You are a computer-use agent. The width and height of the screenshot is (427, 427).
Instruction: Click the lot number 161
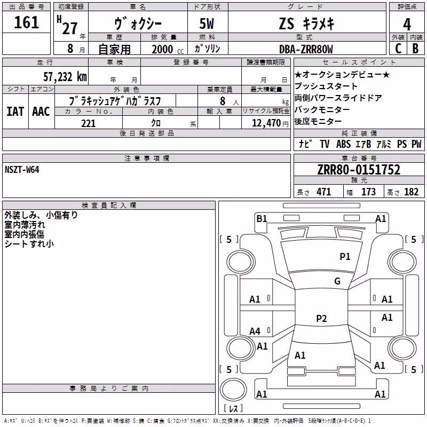click(26, 22)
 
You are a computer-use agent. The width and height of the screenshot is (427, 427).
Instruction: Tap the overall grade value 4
click(407, 25)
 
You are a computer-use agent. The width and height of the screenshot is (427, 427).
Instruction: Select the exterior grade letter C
click(398, 49)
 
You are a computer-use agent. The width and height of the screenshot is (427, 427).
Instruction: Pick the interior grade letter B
click(415, 49)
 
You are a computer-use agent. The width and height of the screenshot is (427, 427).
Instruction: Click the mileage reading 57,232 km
click(65, 77)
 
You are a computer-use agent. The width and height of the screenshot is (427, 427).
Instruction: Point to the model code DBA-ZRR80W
click(306, 49)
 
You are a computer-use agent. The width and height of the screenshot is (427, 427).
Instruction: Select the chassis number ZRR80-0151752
click(359, 170)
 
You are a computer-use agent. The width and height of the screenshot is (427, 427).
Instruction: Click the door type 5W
click(207, 23)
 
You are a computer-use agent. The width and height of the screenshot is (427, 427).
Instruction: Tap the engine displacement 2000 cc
click(168, 49)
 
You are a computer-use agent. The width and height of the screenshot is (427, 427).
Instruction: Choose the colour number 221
click(89, 123)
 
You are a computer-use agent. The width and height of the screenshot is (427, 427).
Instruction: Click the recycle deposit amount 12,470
click(266, 123)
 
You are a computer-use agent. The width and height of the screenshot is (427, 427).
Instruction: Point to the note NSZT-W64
click(22, 170)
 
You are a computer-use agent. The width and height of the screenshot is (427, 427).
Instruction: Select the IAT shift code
click(15, 112)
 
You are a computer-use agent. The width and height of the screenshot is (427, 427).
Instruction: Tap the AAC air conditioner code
click(41, 112)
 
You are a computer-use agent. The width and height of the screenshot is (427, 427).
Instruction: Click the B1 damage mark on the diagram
click(262, 219)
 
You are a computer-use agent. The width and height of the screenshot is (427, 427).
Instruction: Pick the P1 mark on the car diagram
click(345, 256)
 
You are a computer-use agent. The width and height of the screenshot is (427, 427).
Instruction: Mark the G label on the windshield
click(337, 281)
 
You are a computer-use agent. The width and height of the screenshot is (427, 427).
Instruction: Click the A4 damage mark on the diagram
click(255, 331)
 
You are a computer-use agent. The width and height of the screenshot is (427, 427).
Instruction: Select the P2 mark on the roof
click(321, 318)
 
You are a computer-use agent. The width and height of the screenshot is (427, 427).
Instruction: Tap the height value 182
click(411, 192)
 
